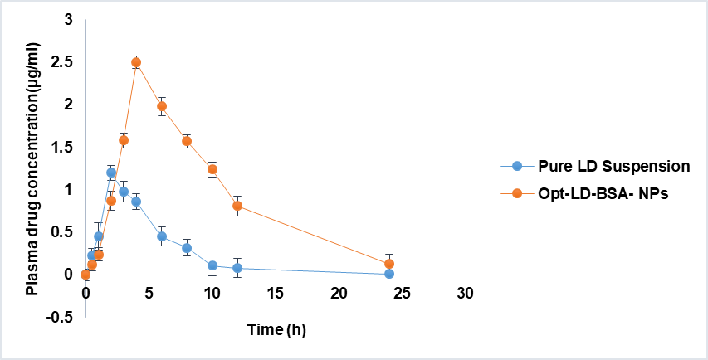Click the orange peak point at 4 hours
point(136,62)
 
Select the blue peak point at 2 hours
point(111,173)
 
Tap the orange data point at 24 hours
point(389,264)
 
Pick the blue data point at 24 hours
point(389,274)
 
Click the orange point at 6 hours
point(162,106)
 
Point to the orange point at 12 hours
point(237,206)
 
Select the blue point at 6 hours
point(162,236)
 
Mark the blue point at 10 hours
point(212,265)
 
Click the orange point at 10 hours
point(212,169)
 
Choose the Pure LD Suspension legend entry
point(613,165)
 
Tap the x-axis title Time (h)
point(276,330)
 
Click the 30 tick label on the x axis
point(466,294)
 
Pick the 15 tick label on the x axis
point(276,294)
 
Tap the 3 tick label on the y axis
point(68,19)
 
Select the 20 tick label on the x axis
point(339,294)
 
